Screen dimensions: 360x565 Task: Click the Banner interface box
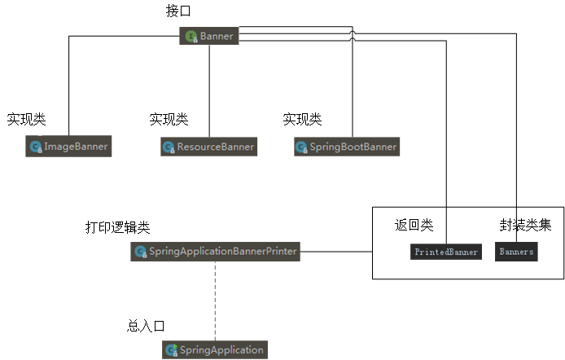tap(209, 36)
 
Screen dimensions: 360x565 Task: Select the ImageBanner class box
tap(68, 147)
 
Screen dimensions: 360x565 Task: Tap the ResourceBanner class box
tap(209, 147)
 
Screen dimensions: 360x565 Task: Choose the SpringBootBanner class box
tap(347, 147)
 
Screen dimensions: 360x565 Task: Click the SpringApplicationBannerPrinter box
tap(216, 252)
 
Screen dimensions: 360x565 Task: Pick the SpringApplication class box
tap(215, 349)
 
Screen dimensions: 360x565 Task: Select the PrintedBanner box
tap(446, 252)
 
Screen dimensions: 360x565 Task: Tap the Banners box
tap(516, 252)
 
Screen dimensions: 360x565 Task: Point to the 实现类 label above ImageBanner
tap(27, 120)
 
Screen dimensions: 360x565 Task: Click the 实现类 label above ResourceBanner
tap(169, 120)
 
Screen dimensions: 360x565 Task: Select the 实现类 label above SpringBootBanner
tap(302, 120)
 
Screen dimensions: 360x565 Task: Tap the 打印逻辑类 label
tap(118, 227)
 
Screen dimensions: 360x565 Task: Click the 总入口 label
tap(147, 326)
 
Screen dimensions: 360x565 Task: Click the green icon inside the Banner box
tap(191, 36)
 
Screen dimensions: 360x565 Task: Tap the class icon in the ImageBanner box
tap(36, 147)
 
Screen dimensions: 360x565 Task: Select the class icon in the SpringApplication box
tap(172, 350)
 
